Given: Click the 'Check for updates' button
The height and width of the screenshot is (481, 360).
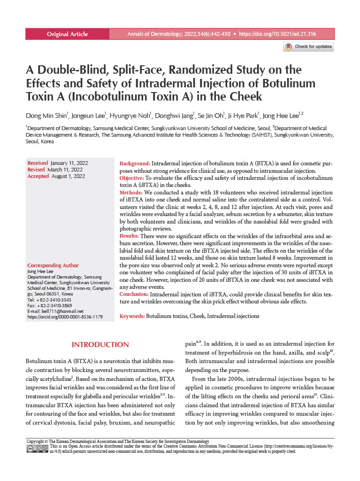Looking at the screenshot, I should (x=309, y=47).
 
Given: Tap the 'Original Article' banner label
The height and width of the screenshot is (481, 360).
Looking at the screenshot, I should (x=67, y=34).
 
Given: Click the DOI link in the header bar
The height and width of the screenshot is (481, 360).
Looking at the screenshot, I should (x=277, y=34).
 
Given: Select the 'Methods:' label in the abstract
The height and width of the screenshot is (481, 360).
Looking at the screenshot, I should (x=131, y=193).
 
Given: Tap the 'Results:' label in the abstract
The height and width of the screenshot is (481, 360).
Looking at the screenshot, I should (x=130, y=235).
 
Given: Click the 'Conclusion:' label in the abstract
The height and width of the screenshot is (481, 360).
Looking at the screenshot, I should (x=134, y=294).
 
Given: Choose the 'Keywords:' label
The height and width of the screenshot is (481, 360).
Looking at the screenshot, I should (x=132, y=317).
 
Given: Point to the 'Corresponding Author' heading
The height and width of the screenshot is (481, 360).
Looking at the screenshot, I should (x=53, y=265).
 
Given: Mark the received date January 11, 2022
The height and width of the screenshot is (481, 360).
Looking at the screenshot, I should (x=69, y=163).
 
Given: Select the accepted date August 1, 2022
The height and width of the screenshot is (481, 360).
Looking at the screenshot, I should (x=68, y=176).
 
